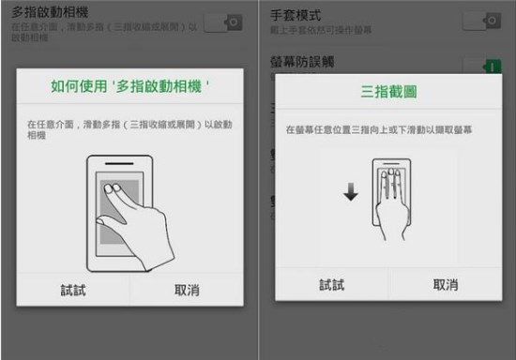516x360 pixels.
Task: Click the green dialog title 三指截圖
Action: tap(387, 92)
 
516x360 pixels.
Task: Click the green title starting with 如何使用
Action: tap(129, 87)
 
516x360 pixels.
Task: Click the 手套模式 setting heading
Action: tap(296, 16)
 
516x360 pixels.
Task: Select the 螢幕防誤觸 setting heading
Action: tap(302, 62)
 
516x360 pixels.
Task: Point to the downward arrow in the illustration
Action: tap(350, 192)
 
